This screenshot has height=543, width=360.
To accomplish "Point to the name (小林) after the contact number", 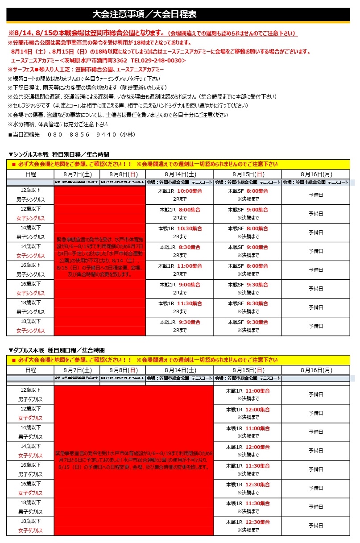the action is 127,134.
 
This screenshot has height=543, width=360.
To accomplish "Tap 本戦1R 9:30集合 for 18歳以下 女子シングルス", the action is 180,322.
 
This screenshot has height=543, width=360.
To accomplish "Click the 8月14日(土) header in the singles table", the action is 180,174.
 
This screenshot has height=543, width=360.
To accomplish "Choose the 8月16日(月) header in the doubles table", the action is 316,370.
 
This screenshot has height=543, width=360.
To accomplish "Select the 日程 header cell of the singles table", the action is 30,174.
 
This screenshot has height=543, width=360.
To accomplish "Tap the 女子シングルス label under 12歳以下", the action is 30,218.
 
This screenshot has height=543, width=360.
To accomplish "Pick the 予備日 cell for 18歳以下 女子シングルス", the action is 316,326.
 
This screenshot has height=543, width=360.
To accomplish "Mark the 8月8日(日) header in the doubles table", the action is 123,370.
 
